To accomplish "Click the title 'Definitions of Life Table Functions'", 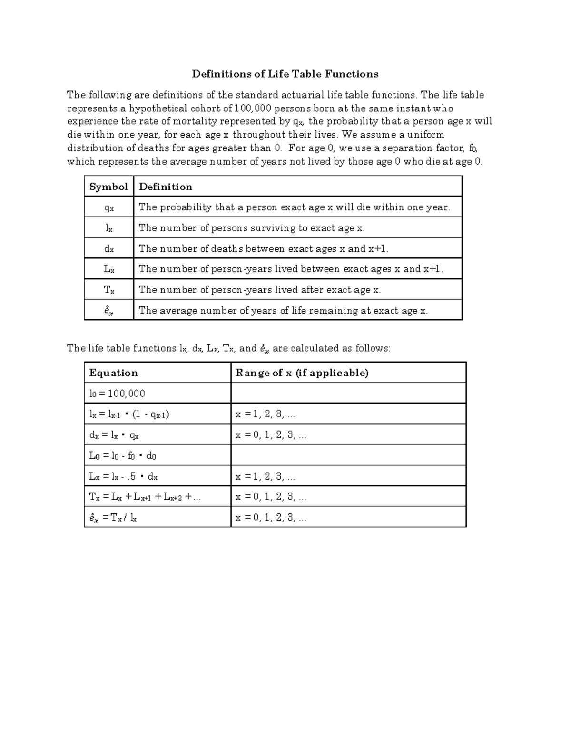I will click(285, 74).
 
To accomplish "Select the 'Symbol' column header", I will click(108, 187).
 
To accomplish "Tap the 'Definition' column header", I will click(166, 187).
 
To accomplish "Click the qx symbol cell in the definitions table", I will click(109, 207).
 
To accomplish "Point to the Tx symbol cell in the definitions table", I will click(109, 290).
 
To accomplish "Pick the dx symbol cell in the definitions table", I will click(109, 249).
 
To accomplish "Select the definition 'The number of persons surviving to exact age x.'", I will click(252, 228).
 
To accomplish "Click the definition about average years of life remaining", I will click(283, 311).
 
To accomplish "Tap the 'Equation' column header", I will click(113, 373).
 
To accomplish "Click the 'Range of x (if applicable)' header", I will click(302, 373).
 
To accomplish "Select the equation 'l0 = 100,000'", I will click(117, 394).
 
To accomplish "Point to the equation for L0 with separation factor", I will click(123, 455).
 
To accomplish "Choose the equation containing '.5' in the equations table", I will click(123, 476).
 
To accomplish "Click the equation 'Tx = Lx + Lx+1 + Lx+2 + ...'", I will click(145, 497).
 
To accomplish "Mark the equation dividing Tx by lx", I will click(113, 518).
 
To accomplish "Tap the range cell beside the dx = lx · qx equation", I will click(271, 435).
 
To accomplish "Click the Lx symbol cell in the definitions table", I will click(109, 269).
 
